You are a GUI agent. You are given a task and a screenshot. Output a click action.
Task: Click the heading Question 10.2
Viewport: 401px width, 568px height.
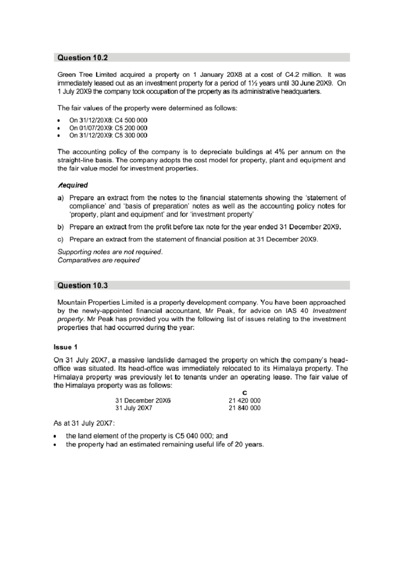(83, 58)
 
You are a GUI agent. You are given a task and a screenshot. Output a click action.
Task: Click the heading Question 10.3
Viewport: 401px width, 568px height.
(83, 285)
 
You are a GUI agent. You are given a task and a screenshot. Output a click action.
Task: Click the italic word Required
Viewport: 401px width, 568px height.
(73, 185)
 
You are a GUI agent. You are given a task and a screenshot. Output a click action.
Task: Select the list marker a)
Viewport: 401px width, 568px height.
(60, 198)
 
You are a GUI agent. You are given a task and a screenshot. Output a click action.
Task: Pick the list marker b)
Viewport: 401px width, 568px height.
(60, 227)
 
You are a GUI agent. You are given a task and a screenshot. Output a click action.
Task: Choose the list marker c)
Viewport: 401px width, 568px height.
(60, 240)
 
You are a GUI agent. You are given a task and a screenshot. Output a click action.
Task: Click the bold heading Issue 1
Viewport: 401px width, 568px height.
(65, 347)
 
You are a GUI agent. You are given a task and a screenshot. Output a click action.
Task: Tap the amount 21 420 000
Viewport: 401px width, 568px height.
(244, 400)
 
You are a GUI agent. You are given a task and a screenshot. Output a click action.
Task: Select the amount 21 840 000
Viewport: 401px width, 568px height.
(244, 408)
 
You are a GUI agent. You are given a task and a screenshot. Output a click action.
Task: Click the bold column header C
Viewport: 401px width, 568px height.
(245, 393)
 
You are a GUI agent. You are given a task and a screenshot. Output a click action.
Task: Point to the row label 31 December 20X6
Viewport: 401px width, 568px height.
(143, 400)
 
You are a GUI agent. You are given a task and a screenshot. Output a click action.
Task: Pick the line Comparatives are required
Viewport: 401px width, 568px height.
(99, 260)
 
